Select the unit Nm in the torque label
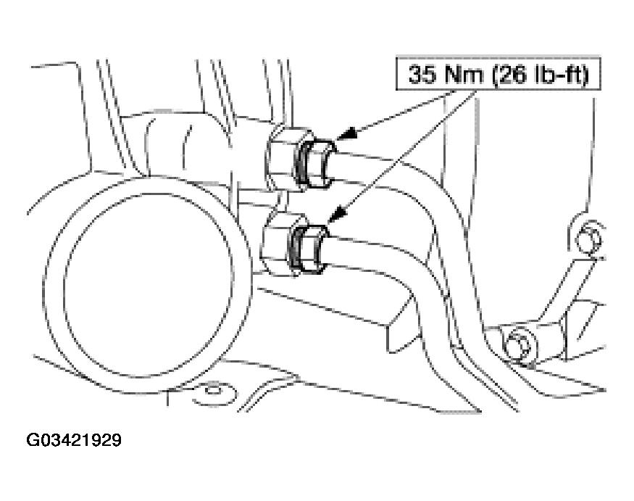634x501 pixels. click(x=464, y=74)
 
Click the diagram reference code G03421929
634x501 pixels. click(x=74, y=440)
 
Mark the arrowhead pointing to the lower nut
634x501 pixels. click(x=336, y=215)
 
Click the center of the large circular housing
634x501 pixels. click(x=148, y=284)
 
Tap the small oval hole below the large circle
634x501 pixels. click(x=213, y=391)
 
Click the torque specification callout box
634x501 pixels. click(x=499, y=74)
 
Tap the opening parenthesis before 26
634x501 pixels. click(x=496, y=75)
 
